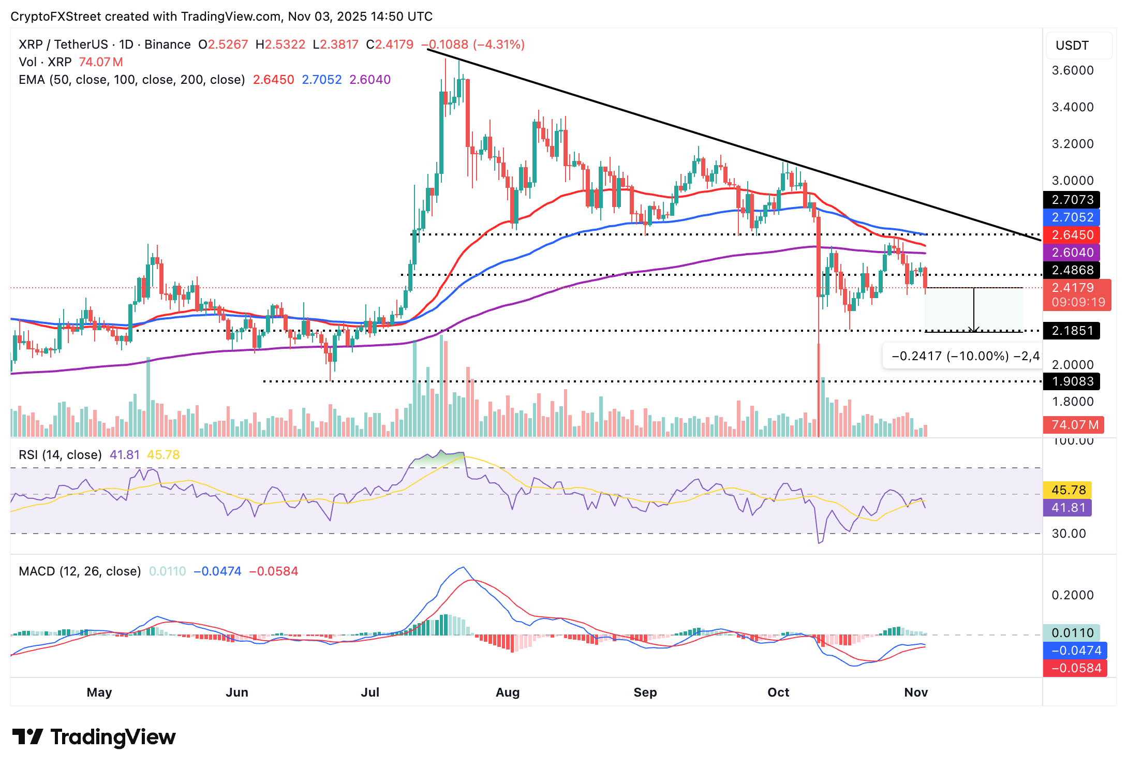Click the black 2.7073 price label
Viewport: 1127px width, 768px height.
(x=1072, y=200)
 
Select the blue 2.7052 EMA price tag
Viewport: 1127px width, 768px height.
(x=1072, y=217)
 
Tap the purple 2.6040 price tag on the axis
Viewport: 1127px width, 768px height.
(x=1072, y=253)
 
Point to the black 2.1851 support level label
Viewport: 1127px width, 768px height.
(x=1072, y=331)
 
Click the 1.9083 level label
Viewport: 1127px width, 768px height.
(x=1072, y=381)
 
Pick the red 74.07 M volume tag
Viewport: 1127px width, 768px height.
(x=1074, y=425)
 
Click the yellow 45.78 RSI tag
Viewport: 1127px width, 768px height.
(x=1067, y=490)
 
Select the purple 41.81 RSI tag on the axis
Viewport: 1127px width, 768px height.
(x=1067, y=508)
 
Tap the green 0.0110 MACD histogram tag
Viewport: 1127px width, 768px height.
(x=1072, y=633)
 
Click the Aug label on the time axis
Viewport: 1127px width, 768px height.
(x=507, y=692)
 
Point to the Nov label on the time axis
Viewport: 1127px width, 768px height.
(x=916, y=692)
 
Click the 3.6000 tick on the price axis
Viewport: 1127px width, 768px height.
(x=1073, y=70)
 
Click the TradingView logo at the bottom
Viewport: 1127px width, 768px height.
(x=94, y=737)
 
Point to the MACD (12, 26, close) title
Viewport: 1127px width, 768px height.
(x=80, y=571)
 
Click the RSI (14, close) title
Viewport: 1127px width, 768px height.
(x=60, y=455)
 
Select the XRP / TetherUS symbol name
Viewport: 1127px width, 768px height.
(x=63, y=45)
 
